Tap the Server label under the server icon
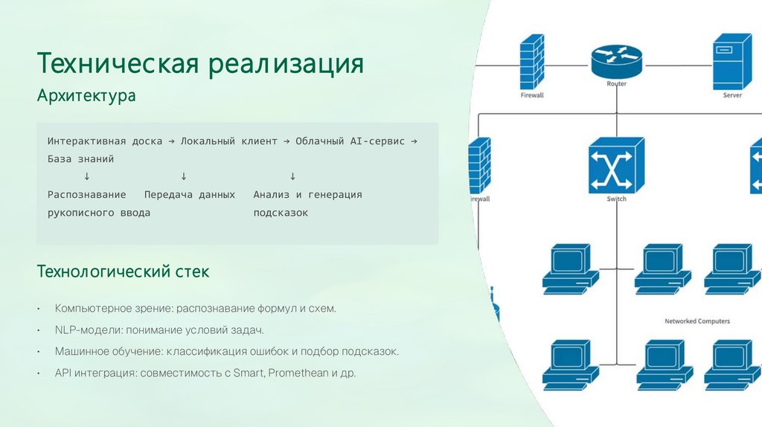pos(732,95)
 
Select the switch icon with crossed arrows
pos(616,166)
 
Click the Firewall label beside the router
pos(532,95)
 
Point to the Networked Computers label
pos(697,321)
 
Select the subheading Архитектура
pos(86,97)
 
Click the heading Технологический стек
pos(123,272)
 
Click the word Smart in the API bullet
pos(249,373)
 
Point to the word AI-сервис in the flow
pos(371,141)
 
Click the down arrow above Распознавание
pos(87,176)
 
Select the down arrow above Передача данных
pos(183,176)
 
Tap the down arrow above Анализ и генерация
pos(292,176)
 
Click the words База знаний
pos(80,158)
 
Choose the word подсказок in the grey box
pos(281,213)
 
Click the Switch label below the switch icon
pos(616,199)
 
